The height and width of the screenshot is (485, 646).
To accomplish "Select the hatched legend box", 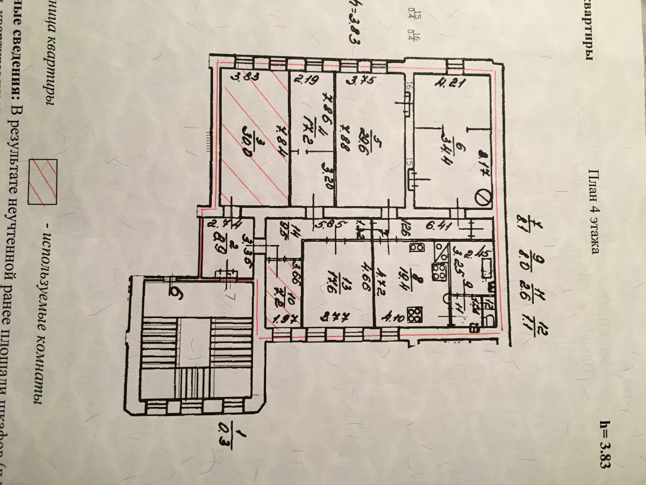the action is tap(43, 182).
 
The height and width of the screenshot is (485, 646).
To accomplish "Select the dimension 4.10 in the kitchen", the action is tap(394, 318).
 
